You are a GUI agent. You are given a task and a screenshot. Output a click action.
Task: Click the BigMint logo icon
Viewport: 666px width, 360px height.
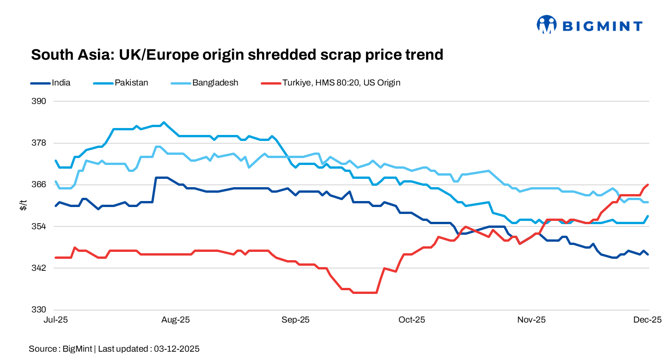tap(546, 24)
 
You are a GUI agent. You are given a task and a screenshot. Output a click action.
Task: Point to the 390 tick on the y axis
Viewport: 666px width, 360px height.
tap(40, 101)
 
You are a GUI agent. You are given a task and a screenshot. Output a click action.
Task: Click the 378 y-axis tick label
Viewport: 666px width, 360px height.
tap(40, 143)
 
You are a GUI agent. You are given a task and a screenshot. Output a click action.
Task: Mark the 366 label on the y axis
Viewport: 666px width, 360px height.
tap(40, 184)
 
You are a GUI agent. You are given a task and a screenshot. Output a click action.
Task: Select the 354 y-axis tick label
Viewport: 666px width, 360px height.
tap(40, 226)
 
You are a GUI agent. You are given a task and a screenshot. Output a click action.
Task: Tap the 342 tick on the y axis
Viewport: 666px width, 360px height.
tap(40, 268)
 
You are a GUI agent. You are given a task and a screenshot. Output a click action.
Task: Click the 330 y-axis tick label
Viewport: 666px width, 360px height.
tap(40, 310)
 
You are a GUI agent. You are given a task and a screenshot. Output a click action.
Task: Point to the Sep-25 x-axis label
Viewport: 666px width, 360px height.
tap(296, 320)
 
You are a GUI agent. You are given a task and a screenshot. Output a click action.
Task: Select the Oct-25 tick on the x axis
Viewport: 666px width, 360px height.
tap(412, 320)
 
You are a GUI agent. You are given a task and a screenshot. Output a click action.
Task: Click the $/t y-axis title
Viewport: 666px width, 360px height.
tap(24, 206)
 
